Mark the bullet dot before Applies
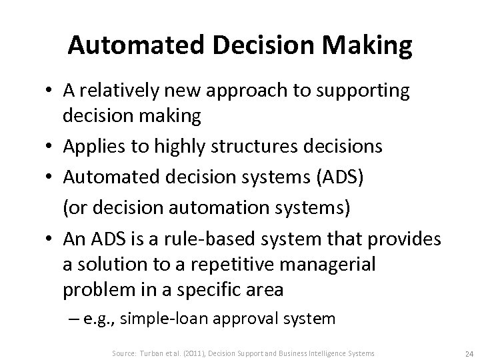click(49, 146)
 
